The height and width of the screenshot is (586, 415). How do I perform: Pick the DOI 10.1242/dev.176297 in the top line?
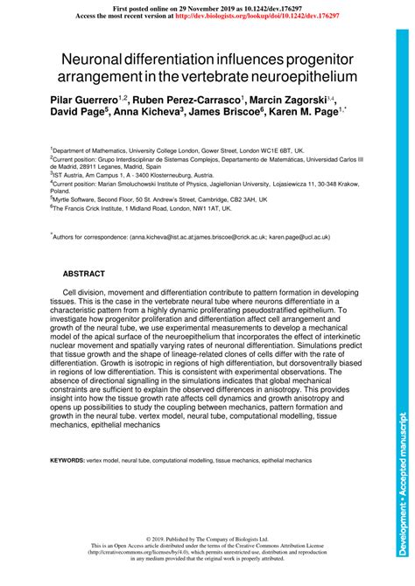coord(263,7)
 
